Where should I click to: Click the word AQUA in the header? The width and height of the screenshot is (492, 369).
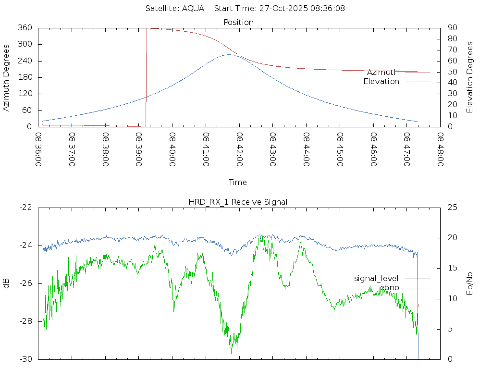(193, 9)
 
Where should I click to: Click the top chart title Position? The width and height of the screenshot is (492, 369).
(239, 23)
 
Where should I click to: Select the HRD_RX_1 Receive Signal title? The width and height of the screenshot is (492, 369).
(238, 202)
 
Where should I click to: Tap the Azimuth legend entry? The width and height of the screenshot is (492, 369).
(382, 73)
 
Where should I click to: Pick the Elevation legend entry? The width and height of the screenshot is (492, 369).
(381, 82)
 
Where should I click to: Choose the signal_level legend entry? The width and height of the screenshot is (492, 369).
(376, 279)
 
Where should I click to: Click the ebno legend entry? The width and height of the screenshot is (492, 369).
(389, 288)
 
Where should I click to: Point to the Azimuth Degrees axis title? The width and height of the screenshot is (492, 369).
(7, 77)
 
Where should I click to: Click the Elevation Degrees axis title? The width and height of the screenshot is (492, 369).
(470, 77)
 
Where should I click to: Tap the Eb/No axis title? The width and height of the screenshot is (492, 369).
(470, 283)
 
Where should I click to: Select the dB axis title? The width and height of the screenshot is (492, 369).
(7, 283)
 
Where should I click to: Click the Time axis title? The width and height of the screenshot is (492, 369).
(238, 183)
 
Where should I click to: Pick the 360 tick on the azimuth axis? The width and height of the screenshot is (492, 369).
(25, 28)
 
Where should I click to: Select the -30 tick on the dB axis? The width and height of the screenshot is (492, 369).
(26, 359)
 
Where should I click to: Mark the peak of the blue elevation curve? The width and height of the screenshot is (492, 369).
(230, 54)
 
